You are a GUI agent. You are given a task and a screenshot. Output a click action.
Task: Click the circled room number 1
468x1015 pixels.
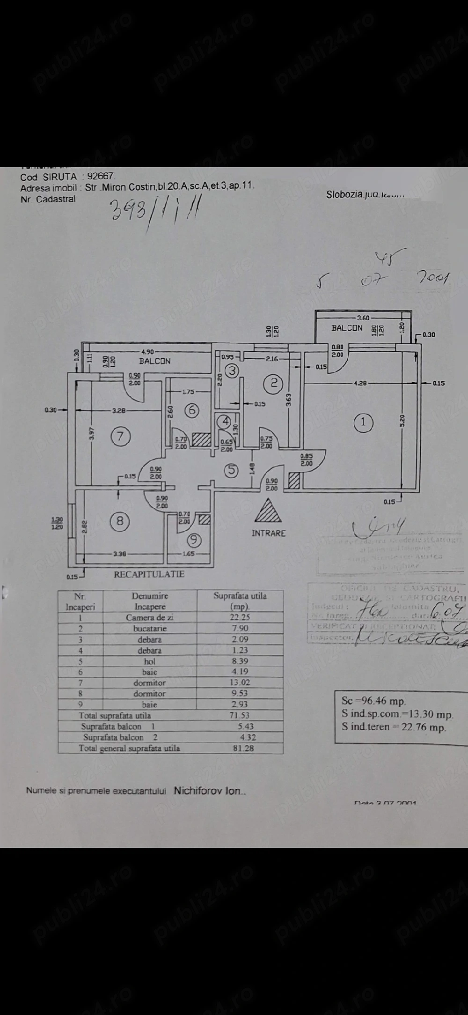pos(363,423)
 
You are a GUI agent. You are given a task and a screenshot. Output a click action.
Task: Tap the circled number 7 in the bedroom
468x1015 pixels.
pos(120,437)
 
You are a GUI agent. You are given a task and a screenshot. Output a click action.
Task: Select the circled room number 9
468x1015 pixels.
pos(194,541)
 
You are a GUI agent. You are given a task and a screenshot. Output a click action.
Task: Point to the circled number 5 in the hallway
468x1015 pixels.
pos(231,470)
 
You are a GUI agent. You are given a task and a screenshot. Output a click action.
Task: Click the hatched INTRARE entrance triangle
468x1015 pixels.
pos(268,512)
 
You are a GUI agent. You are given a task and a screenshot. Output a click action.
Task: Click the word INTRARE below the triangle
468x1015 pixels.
pos(268,533)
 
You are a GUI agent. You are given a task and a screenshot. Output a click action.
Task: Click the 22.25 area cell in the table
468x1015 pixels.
pos(240,617)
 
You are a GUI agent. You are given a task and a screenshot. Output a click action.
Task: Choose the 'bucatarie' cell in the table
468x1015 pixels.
pos(150,629)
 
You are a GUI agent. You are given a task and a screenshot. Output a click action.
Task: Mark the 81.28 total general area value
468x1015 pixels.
pos(243,748)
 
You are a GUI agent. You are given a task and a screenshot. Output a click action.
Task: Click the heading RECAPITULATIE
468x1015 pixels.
pos(149,574)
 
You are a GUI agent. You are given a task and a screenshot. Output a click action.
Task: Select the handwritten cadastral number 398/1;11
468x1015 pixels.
pos(154,212)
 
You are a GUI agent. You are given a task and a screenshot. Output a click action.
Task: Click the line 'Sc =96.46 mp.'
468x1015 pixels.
pos(374,701)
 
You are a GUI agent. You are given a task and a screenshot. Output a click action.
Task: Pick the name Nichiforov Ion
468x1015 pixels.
pos(209,791)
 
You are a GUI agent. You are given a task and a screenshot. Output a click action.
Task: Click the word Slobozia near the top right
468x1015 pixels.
pos(344,194)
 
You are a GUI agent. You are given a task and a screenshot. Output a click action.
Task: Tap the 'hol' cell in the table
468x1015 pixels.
pos(150,661)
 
